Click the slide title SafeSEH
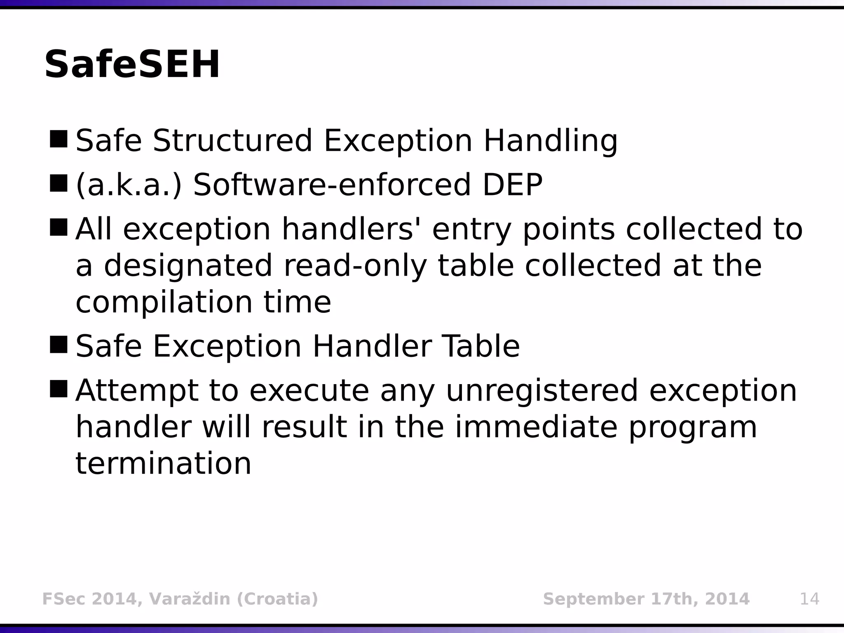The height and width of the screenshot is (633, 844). (132, 65)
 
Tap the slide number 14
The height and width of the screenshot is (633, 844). (809, 599)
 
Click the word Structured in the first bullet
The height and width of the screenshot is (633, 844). (232, 141)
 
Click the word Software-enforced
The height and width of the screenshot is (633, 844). (332, 185)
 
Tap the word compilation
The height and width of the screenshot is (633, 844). (164, 302)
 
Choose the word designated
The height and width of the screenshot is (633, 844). (188, 266)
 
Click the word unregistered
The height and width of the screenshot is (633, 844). (542, 390)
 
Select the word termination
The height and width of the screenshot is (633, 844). (163, 463)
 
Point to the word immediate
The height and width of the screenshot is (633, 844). (536, 427)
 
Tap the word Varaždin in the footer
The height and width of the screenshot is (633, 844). (190, 599)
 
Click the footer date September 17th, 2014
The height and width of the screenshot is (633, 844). (646, 599)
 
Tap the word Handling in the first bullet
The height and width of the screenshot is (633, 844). (550, 141)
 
